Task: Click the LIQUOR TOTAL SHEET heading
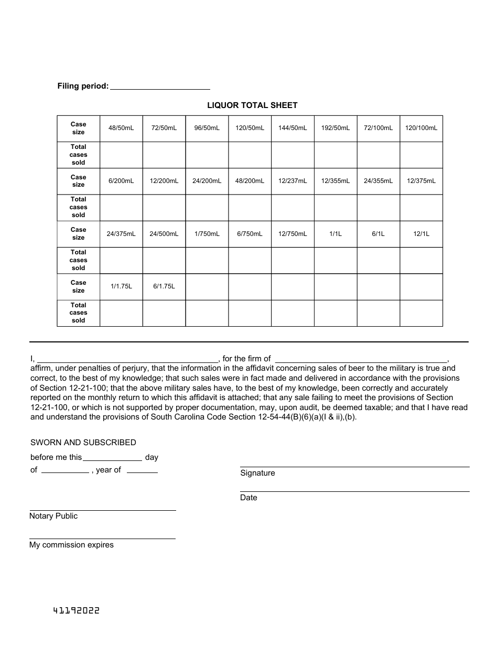coord(252,105)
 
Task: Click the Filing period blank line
coord(160,87)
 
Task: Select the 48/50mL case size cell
coord(121,128)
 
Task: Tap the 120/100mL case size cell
coord(421,128)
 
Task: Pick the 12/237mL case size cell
coord(293,181)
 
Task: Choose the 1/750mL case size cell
coord(207,234)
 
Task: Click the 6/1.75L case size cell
coord(164,286)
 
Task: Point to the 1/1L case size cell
coord(335,234)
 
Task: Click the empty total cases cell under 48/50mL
coord(121,155)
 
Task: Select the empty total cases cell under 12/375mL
coord(421,208)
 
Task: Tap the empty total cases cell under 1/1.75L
coord(121,313)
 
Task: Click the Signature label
coord(257,473)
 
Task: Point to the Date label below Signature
coord(248,498)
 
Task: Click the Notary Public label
coord(53,516)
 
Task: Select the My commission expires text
coord(71,545)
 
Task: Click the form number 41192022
coord(76,611)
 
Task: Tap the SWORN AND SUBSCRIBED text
coord(83,443)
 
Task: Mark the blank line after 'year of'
coord(142,471)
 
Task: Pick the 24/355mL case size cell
coord(378,181)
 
